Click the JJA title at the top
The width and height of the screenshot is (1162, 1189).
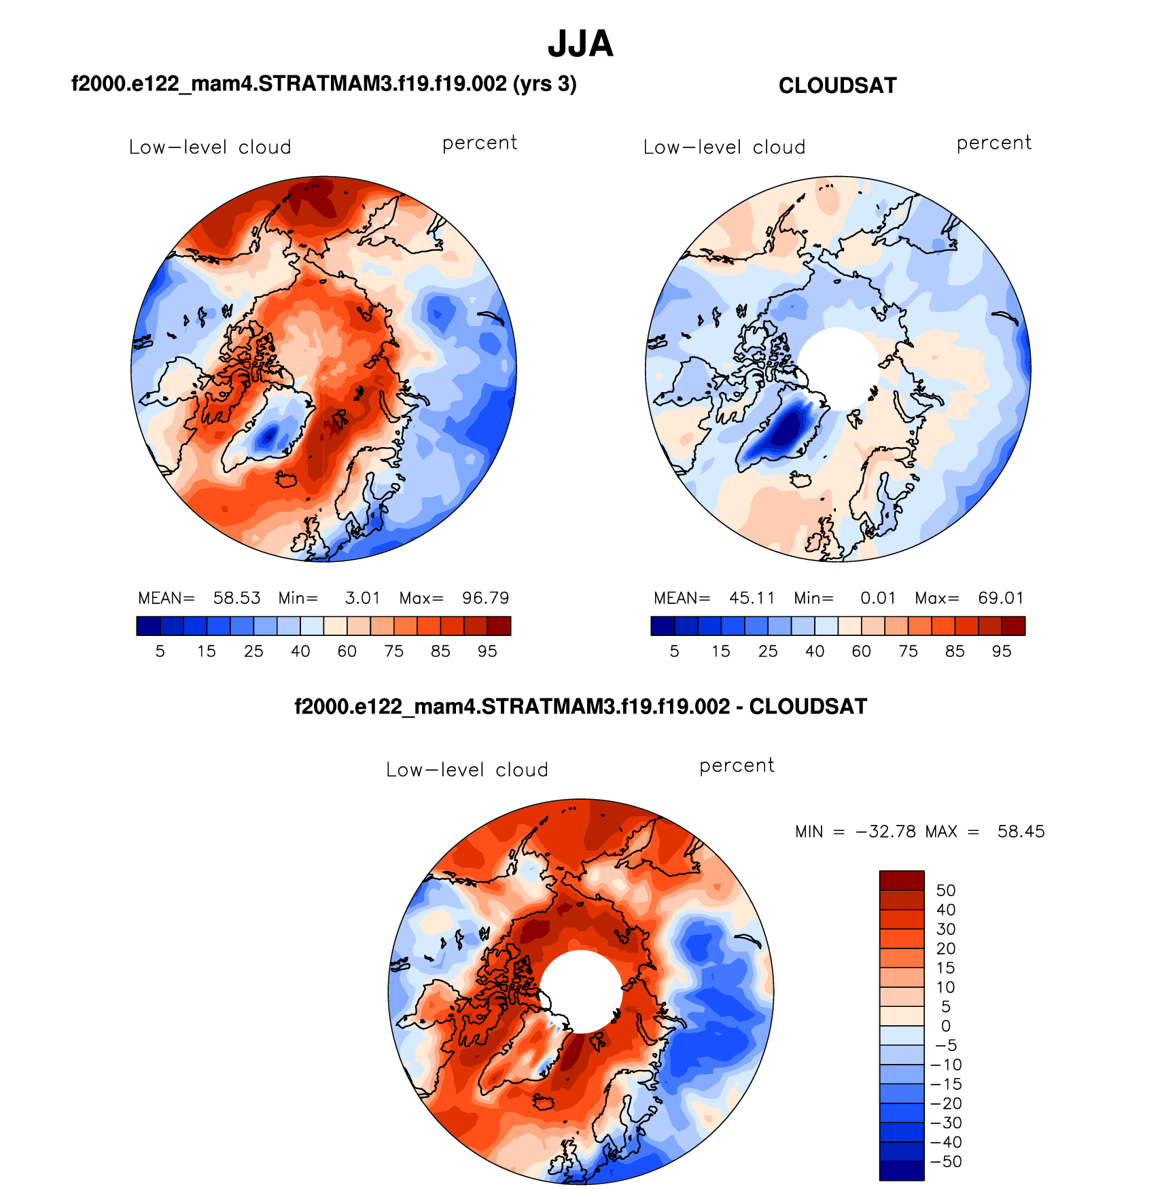tap(580, 44)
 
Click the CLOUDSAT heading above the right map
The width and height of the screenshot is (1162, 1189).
tap(837, 86)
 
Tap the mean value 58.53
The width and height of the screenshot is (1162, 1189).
tap(236, 598)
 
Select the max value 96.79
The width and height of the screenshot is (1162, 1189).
tap(485, 598)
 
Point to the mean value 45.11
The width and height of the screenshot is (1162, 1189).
tap(752, 598)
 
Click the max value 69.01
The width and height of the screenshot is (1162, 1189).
tap(1000, 598)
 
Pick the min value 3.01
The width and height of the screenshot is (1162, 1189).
tap(362, 598)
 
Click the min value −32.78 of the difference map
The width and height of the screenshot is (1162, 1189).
tap(885, 832)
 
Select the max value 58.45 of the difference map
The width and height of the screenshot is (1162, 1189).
tap(1021, 832)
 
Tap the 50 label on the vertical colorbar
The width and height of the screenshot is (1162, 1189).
tap(945, 891)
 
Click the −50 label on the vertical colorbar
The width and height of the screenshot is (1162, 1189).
tap(945, 1162)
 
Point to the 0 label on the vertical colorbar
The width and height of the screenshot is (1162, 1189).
tap(945, 1026)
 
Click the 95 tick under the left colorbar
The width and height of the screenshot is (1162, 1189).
tap(487, 652)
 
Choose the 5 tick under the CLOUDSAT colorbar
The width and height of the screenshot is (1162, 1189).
tap(674, 652)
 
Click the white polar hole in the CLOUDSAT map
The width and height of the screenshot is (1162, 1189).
tap(839, 367)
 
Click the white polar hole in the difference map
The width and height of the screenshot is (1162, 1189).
tap(581, 991)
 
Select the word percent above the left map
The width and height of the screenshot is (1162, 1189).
tap(480, 143)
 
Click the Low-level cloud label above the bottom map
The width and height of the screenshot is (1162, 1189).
tap(467, 770)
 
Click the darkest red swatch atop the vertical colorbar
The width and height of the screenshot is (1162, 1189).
tap(902, 881)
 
